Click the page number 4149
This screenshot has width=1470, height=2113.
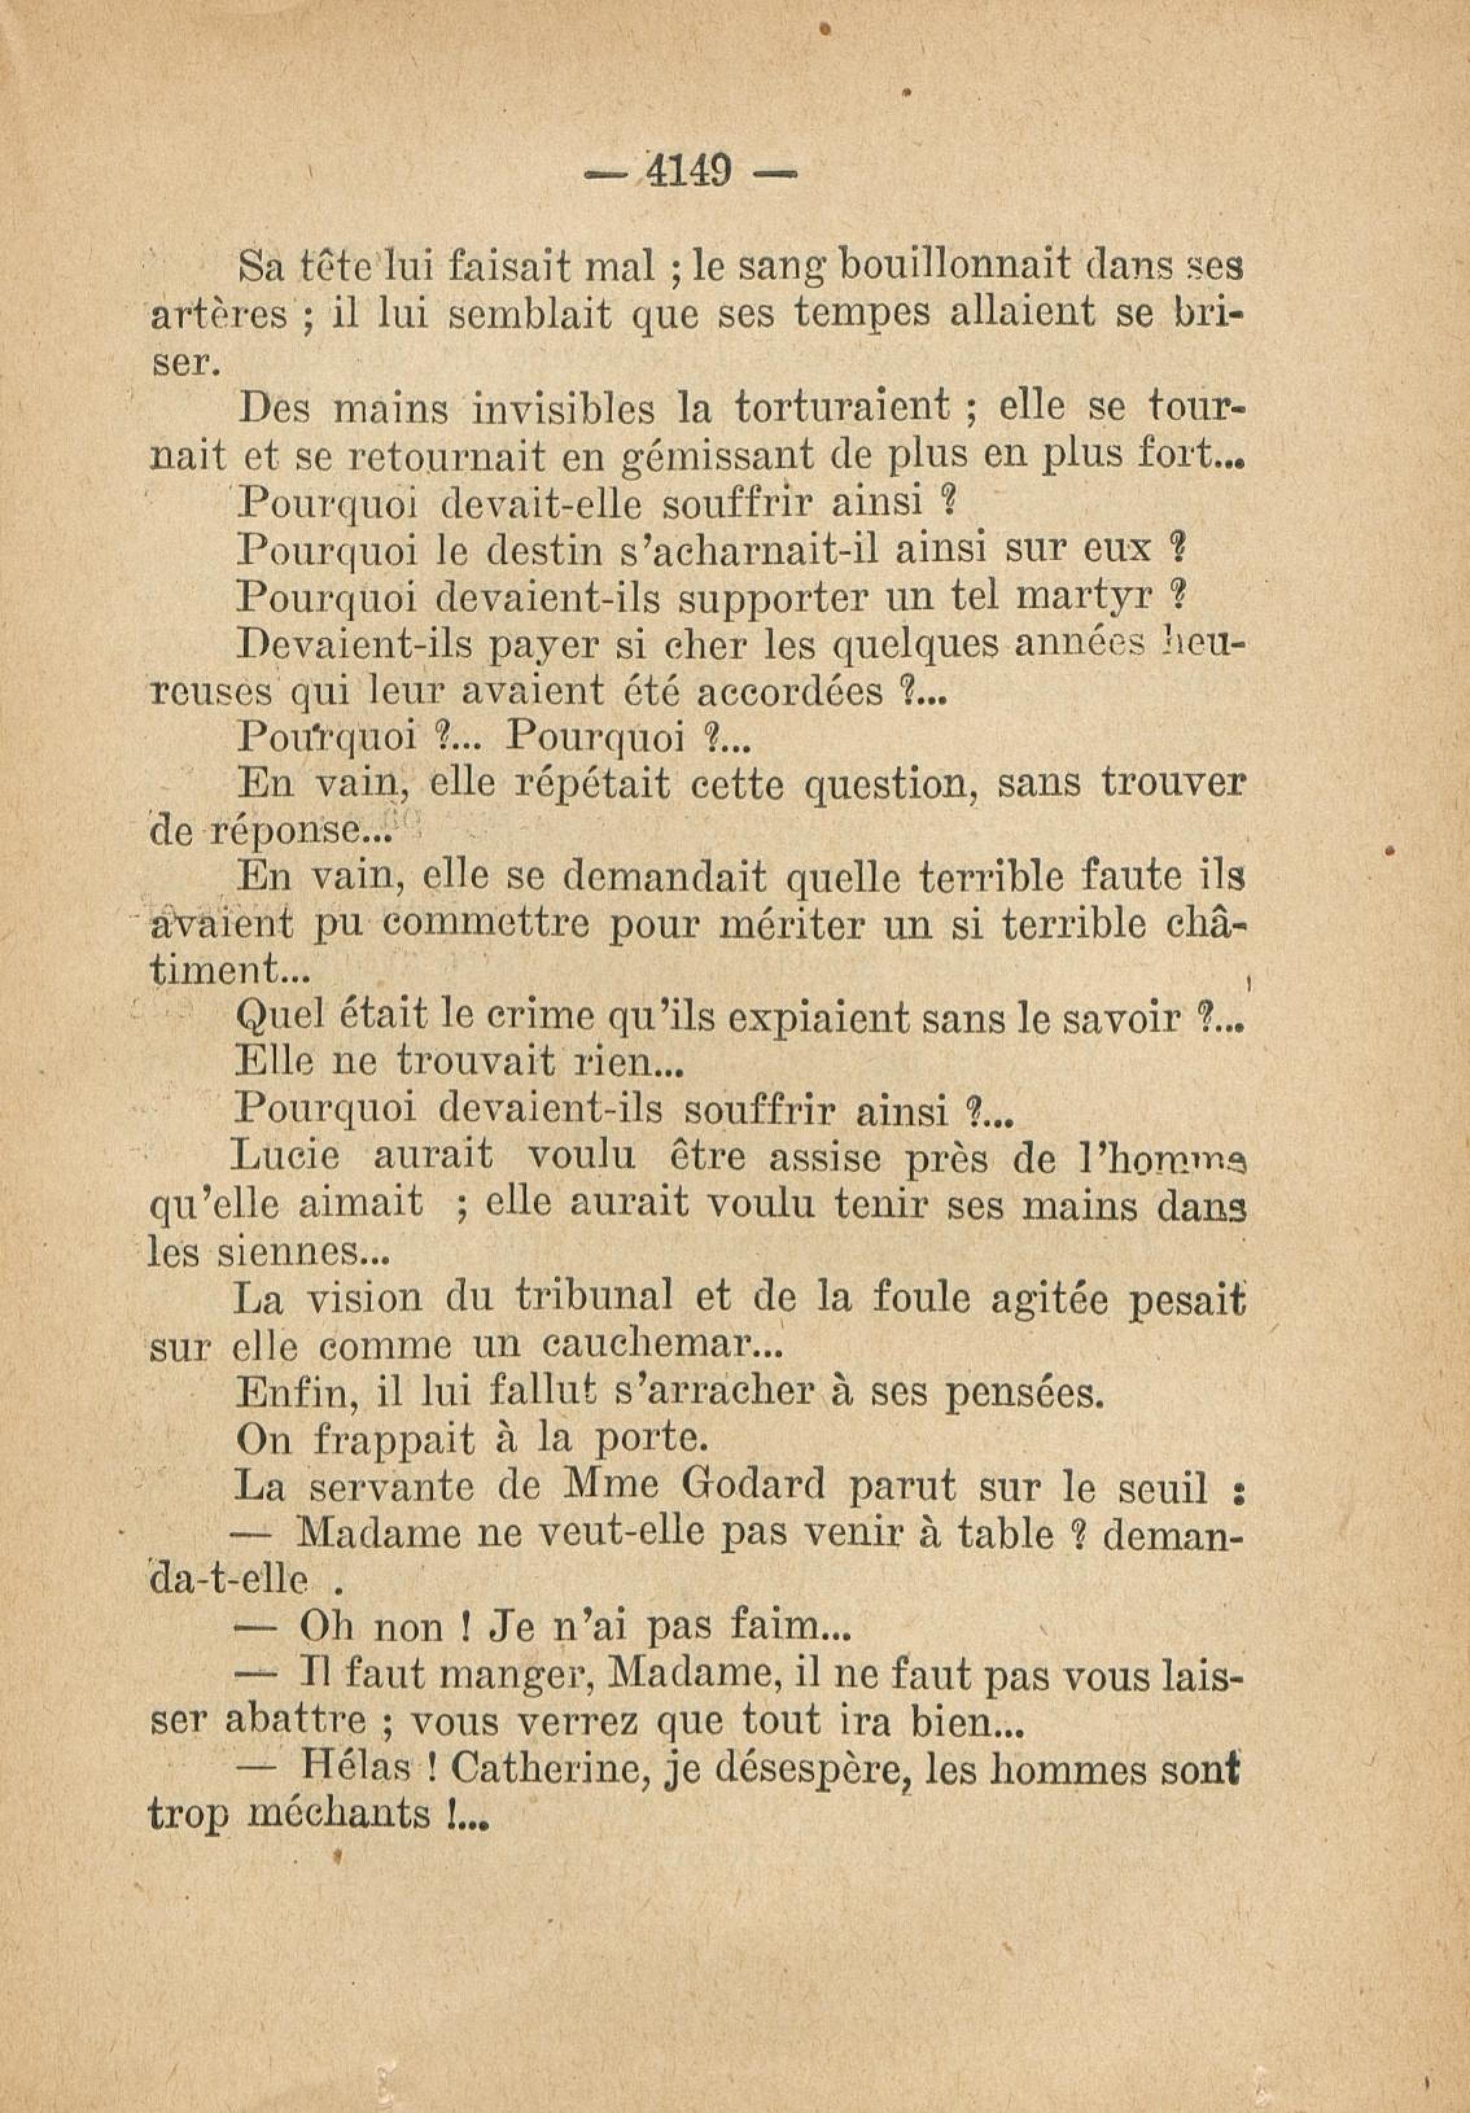pos(690,171)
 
